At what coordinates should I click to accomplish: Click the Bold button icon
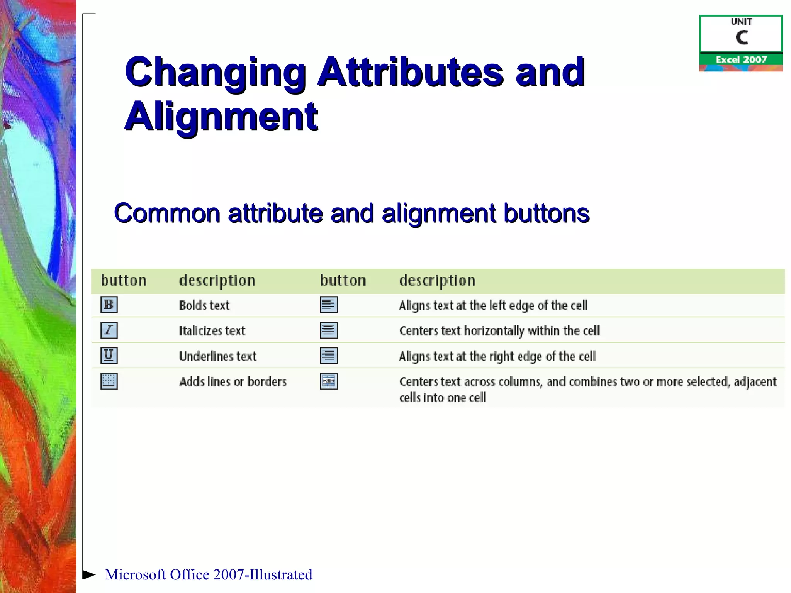pos(109,305)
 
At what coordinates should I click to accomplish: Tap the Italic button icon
pos(109,330)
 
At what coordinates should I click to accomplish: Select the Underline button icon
pos(109,356)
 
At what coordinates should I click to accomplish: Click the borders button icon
pos(109,381)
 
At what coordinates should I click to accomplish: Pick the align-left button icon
pos(329,305)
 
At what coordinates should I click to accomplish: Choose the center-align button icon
pos(329,330)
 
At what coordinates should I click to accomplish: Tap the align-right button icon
pos(329,356)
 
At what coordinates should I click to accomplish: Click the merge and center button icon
pos(329,381)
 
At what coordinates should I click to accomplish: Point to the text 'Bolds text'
pos(204,305)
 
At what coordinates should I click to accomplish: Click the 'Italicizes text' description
pos(212,331)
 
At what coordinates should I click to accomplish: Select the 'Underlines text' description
pos(217,356)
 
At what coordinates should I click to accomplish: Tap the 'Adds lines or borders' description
pos(233,382)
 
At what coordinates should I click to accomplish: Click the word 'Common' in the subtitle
pos(167,213)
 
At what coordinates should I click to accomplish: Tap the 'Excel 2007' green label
pos(741,59)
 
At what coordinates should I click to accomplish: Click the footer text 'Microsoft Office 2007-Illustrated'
pos(209,574)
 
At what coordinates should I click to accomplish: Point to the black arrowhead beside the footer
pos(89,574)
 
